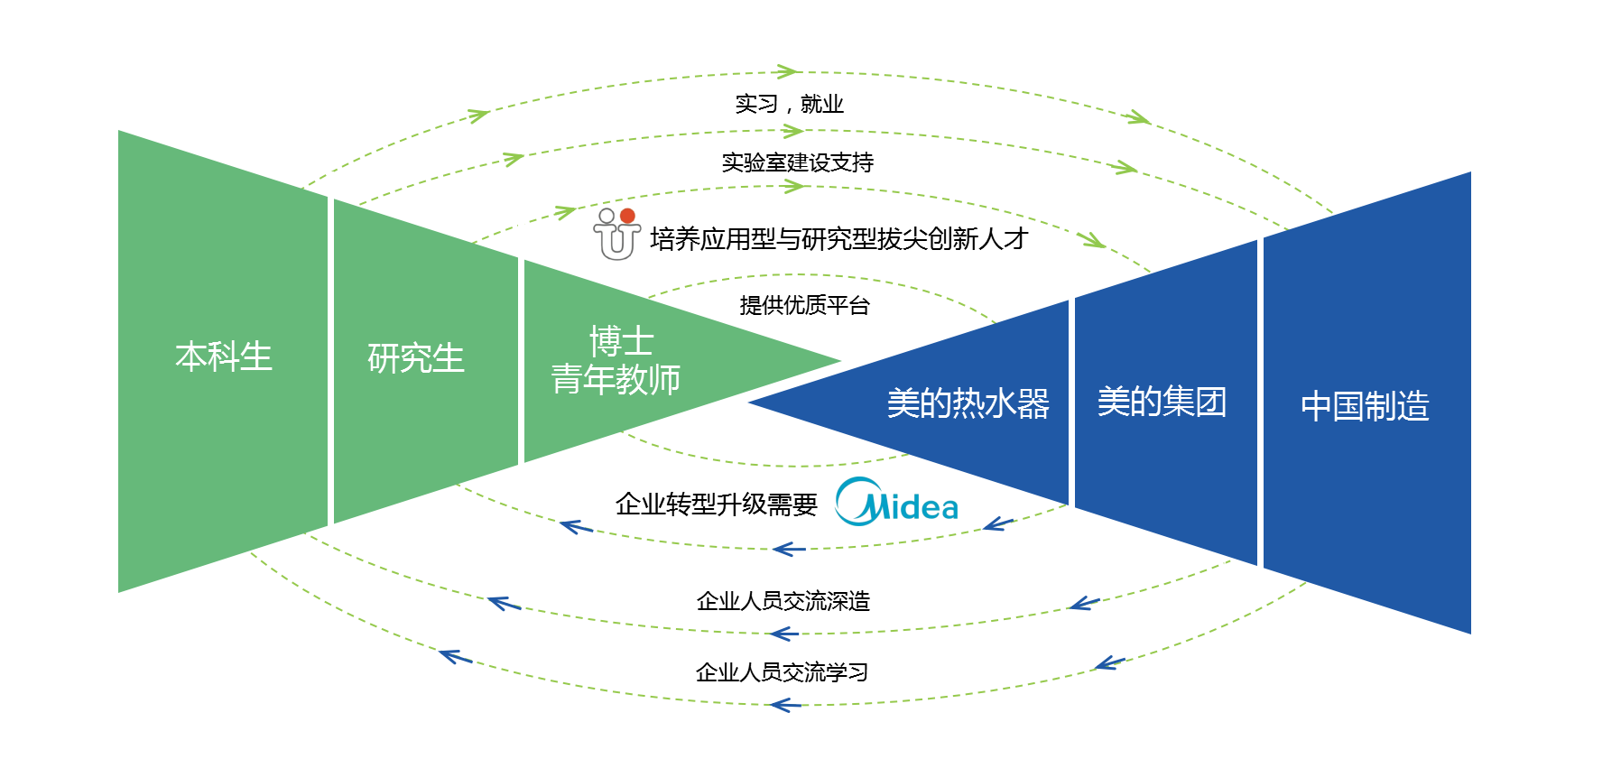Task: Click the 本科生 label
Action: (223, 356)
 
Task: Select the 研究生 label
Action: (415, 358)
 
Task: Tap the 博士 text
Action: (621, 341)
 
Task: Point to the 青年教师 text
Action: (616, 380)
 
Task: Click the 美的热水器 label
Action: (968, 403)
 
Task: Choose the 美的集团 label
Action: (1162, 402)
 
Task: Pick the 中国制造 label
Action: (1365, 406)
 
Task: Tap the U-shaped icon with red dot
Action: (616, 235)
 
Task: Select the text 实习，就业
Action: (789, 105)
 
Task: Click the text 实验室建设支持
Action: (797, 162)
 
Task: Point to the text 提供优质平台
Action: (804, 305)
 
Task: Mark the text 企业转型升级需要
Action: (716, 504)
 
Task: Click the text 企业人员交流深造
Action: (783, 601)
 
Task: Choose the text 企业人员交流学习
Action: (782, 672)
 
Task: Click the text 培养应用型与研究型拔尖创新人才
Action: (838, 239)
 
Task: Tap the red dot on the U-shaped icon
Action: (627, 216)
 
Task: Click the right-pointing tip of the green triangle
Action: (838, 361)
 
